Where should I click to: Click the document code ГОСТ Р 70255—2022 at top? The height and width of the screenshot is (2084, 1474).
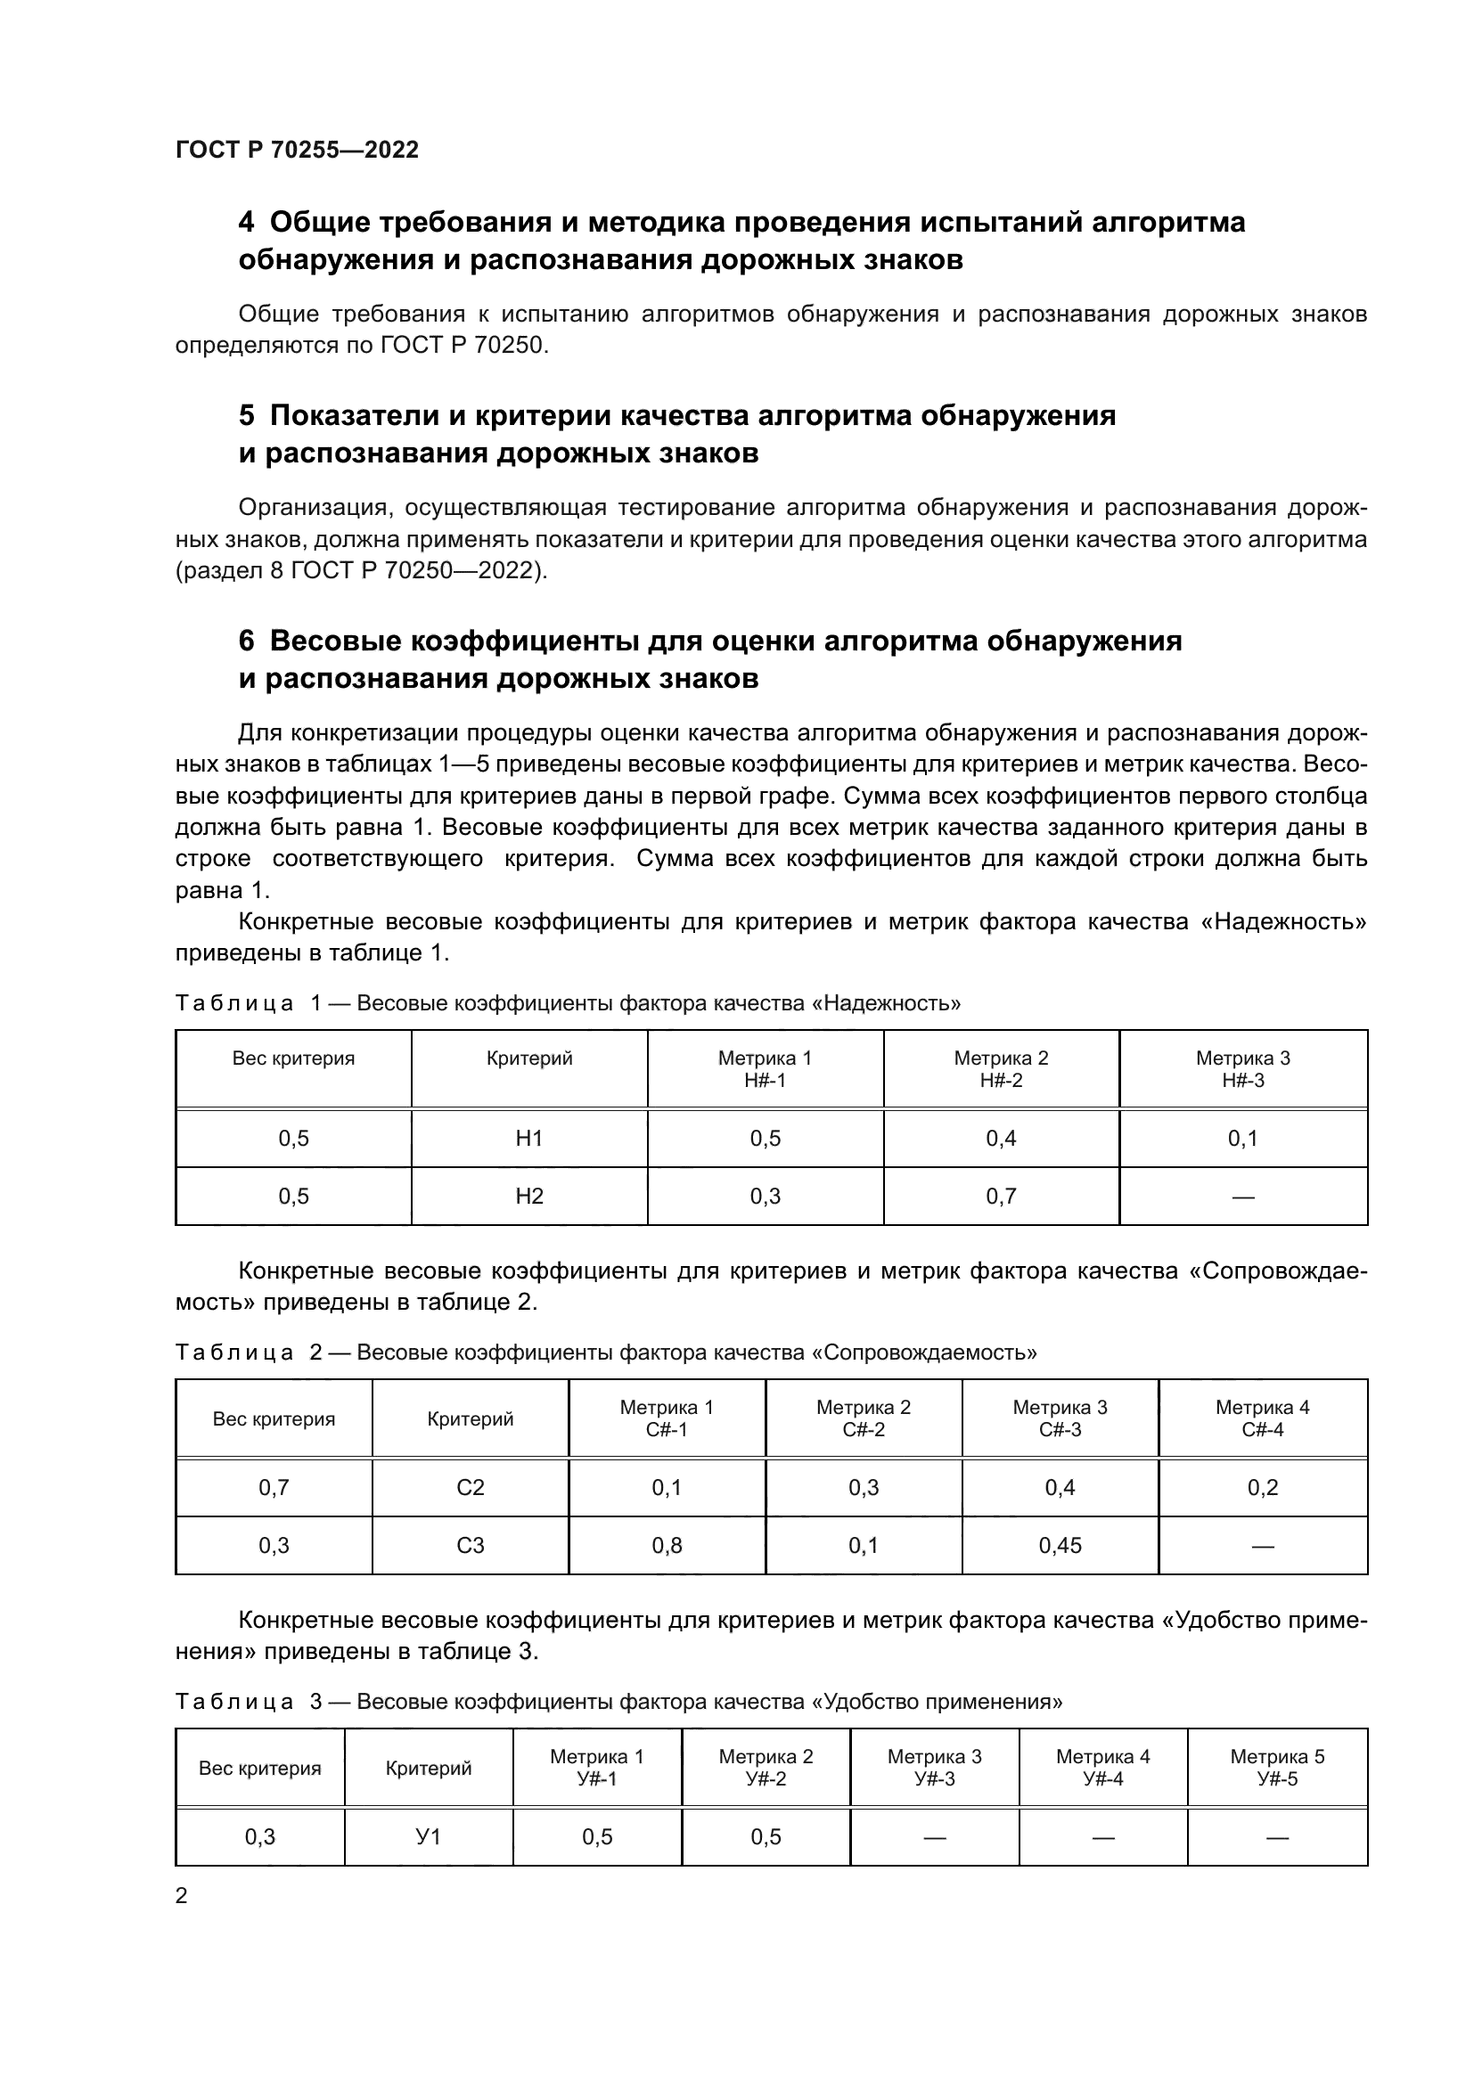(297, 150)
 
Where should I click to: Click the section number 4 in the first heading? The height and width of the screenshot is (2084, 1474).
(246, 223)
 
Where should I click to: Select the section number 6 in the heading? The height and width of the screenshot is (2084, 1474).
(246, 641)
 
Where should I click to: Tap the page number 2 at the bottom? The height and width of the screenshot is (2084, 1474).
(182, 1895)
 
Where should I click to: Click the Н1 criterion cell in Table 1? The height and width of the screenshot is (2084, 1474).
(529, 1138)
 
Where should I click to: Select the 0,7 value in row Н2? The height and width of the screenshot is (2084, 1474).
(1001, 1197)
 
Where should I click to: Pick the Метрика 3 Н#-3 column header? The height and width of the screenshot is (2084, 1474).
(1242, 1068)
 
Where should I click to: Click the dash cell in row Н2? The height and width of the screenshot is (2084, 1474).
(1242, 1197)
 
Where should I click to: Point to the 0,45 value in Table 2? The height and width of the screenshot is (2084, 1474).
(1060, 1546)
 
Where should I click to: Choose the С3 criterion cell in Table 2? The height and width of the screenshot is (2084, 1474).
(471, 1546)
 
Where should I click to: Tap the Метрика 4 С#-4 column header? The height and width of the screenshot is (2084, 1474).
(1263, 1418)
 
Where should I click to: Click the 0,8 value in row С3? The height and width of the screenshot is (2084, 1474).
(667, 1546)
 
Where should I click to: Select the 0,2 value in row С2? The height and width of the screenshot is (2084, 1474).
(1263, 1488)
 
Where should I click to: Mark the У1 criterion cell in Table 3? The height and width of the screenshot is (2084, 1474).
(429, 1837)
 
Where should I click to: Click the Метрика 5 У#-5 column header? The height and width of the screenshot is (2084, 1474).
(1277, 1767)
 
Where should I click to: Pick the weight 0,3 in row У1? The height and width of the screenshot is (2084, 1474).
(259, 1837)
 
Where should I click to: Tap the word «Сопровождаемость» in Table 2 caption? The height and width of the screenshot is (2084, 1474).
(923, 1353)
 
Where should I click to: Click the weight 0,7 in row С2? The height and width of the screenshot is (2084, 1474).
(274, 1488)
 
